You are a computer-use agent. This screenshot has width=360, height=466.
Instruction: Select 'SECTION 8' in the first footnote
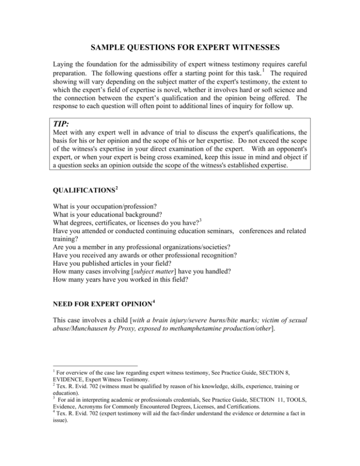tap(296, 401)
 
